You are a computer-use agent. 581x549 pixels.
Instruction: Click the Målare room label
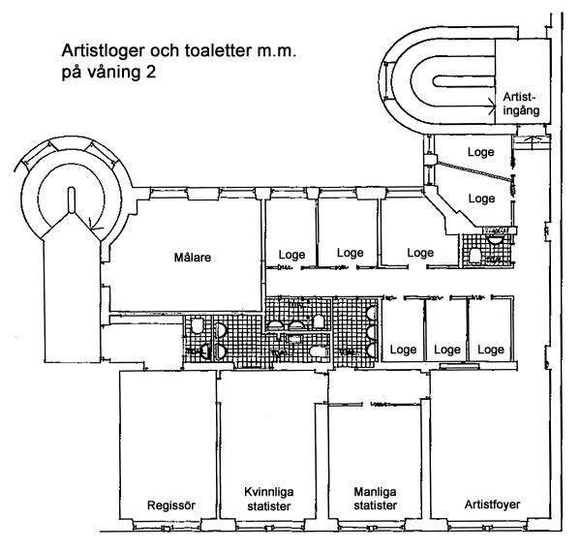click(x=193, y=258)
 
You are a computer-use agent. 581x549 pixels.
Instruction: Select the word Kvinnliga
click(x=261, y=492)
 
